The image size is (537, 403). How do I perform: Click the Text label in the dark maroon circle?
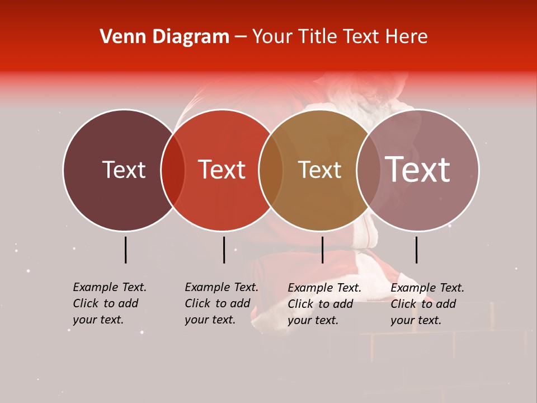[124, 170]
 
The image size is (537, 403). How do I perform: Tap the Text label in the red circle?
[222, 170]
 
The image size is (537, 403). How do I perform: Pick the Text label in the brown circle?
[319, 170]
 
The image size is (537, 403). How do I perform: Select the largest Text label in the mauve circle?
[417, 170]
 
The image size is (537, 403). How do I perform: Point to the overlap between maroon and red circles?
[173, 170]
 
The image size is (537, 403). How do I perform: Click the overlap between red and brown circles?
[271, 170]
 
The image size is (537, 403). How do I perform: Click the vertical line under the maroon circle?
[126, 250]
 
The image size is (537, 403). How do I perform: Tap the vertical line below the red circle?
[224, 250]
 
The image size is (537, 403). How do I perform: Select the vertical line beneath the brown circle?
[323, 250]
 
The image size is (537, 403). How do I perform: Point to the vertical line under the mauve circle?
[417, 250]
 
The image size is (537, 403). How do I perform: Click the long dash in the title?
[241, 38]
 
